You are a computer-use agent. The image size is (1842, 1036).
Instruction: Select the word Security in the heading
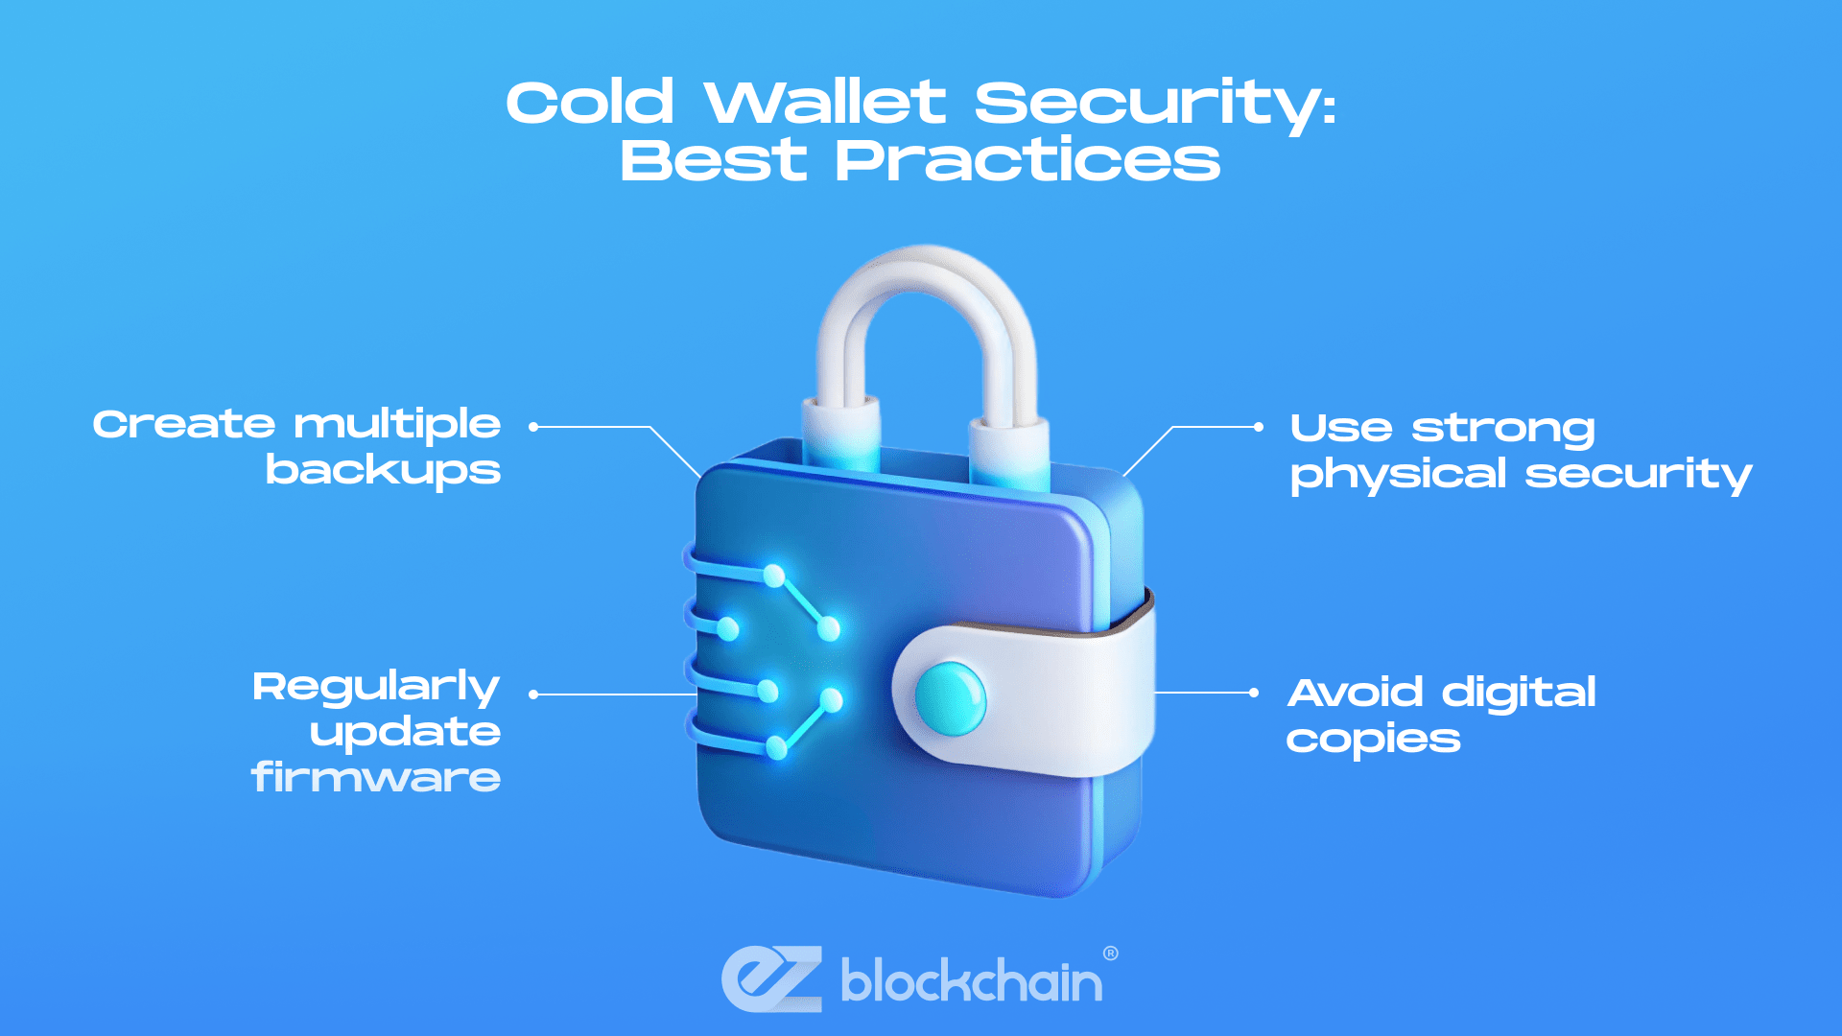click(x=1155, y=106)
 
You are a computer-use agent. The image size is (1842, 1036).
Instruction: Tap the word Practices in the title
click(x=1027, y=160)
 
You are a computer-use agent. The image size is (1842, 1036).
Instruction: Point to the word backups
click(x=383, y=471)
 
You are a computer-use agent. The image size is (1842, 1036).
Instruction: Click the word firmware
click(x=376, y=776)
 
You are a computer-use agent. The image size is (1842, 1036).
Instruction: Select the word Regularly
click(x=376, y=688)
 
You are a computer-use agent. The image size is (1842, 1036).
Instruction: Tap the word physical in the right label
click(x=1398, y=475)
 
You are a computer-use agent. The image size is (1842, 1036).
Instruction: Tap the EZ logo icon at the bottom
click(x=772, y=978)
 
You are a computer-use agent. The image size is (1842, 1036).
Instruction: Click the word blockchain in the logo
click(x=971, y=980)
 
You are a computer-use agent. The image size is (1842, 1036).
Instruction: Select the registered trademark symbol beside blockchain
click(x=1111, y=954)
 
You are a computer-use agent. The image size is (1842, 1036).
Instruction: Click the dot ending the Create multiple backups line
click(x=533, y=427)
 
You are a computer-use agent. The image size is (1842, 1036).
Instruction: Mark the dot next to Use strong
click(x=1259, y=427)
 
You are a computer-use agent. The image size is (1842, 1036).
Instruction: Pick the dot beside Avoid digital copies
click(x=1254, y=693)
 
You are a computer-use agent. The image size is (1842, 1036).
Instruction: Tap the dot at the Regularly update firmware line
click(x=533, y=695)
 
